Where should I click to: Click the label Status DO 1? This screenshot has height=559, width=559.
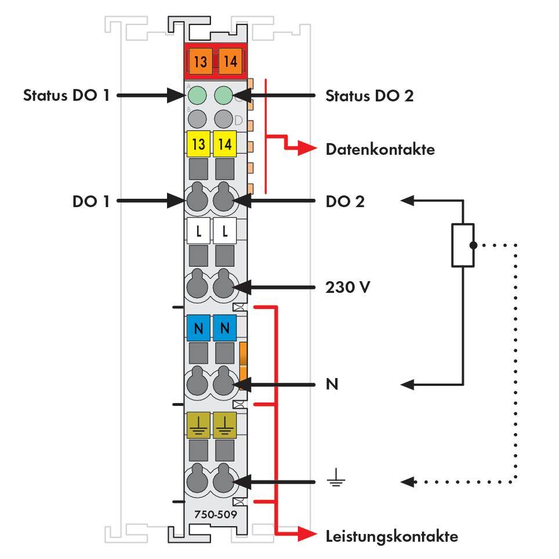tap(66, 95)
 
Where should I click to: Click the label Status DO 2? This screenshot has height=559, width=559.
tap(369, 95)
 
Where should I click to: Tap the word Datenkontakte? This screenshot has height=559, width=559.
tap(380, 149)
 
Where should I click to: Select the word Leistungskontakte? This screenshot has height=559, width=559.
tap(391, 536)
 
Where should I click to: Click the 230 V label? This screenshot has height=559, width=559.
tap(348, 286)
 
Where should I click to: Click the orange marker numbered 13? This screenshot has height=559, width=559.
tap(200, 61)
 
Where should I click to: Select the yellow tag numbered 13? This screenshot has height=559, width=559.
tap(198, 144)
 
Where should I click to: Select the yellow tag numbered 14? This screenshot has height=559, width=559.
tap(225, 144)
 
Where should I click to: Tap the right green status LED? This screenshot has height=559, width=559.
tap(224, 95)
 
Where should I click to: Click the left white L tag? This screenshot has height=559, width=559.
tap(198, 232)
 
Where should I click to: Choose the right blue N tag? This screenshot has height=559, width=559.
tap(225, 329)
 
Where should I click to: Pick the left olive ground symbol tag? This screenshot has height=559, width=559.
tap(198, 425)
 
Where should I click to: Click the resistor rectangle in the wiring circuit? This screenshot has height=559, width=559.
tap(463, 245)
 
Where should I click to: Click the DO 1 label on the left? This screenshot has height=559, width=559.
tap(90, 201)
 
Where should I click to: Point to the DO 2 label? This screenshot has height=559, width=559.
tap(345, 201)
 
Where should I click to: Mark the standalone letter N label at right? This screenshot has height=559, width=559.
tap(332, 384)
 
